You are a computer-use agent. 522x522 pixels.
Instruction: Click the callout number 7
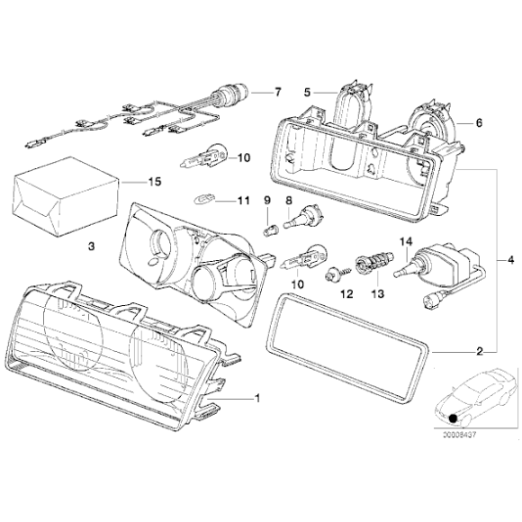pos(278,93)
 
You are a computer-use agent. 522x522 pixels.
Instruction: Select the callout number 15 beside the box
pos(154,182)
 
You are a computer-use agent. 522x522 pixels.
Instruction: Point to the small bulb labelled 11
pos(203,201)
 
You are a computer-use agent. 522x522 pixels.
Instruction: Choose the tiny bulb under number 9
pos(268,229)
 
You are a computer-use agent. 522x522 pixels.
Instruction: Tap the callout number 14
pos(404,240)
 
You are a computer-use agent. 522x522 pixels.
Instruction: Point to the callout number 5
pos(307,92)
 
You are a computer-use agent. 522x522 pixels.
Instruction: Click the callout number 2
pos(481,350)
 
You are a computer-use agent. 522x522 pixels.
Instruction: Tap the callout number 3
pos(90,245)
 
